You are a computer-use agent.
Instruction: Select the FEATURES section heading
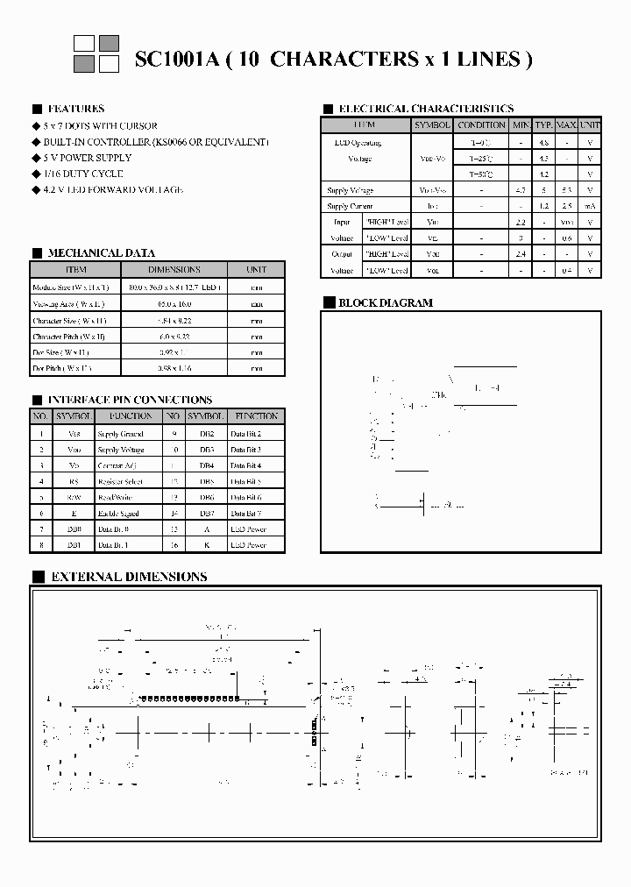click(x=75, y=109)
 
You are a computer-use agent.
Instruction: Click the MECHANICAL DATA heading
click(x=101, y=252)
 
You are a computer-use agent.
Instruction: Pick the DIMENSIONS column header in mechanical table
click(x=174, y=270)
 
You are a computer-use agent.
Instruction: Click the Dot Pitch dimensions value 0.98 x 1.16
click(x=174, y=368)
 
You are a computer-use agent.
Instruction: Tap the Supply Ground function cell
click(x=120, y=434)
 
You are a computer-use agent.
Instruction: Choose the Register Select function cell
click(x=120, y=481)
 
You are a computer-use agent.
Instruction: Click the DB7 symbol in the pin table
click(x=206, y=513)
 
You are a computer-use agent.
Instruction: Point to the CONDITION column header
click(x=481, y=125)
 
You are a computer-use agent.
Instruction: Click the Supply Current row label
click(x=350, y=206)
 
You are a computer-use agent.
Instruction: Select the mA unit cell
click(x=590, y=206)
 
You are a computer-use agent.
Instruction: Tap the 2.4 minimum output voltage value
click(x=521, y=254)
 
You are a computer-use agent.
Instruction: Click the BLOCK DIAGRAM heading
click(x=386, y=302)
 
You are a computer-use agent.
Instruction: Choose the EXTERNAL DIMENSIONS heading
click(x=129, y=577)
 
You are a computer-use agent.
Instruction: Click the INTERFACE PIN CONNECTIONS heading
click(x=129, y=400)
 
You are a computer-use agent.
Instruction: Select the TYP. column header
click(x=544, y=125)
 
